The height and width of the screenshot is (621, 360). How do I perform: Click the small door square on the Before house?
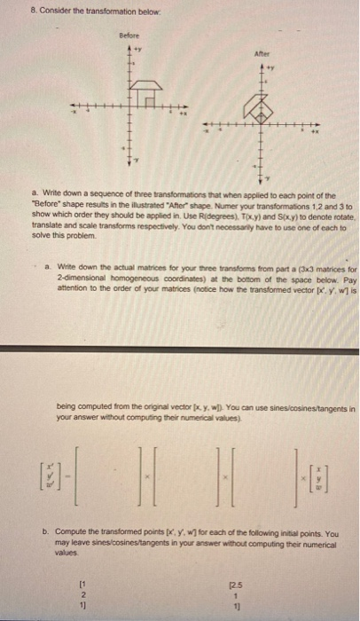[x=157, y=98]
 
